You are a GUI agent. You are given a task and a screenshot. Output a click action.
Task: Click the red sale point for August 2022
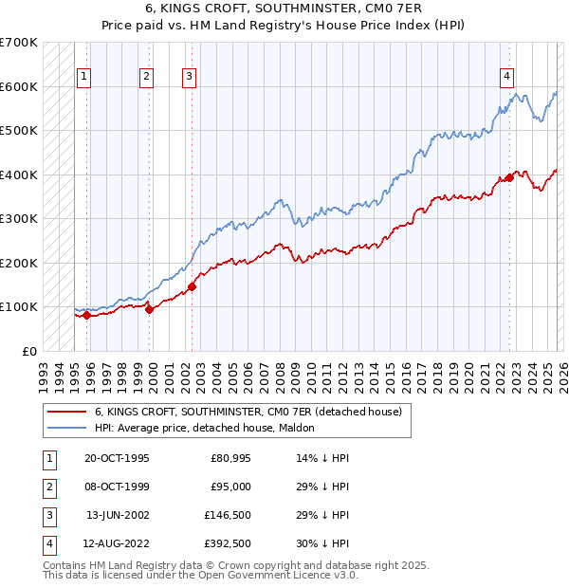[x=509, y=177]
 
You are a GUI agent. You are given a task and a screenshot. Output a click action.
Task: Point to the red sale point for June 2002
[x=192, y=285]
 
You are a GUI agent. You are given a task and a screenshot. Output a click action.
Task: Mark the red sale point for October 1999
[x=150, y=308]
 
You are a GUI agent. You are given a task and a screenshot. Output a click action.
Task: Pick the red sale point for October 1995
[x=86, y=315]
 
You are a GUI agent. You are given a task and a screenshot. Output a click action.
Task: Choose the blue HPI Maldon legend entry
[x=209, y=428]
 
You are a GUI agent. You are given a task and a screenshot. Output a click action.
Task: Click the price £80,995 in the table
[x=230, y=458]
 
